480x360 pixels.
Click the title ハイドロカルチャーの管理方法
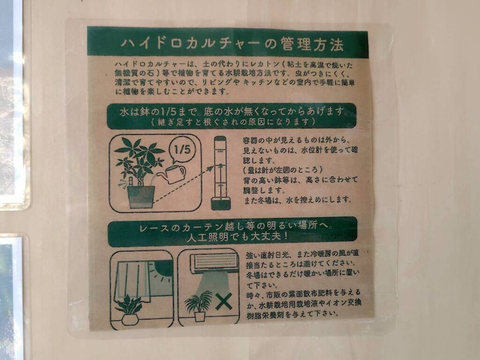point(232,45)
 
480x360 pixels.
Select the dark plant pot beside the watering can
point(141,196)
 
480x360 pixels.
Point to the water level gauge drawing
point(221,173)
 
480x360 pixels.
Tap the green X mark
point(224,301)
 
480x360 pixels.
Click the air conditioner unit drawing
point(214,263)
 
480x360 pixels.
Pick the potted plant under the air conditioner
point(199,306)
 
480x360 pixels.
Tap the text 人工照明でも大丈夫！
point(237,237)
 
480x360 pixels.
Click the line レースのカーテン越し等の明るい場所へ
point(235,226)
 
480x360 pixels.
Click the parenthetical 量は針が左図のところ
point(283,170)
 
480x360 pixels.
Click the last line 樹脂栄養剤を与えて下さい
point(293,314)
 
